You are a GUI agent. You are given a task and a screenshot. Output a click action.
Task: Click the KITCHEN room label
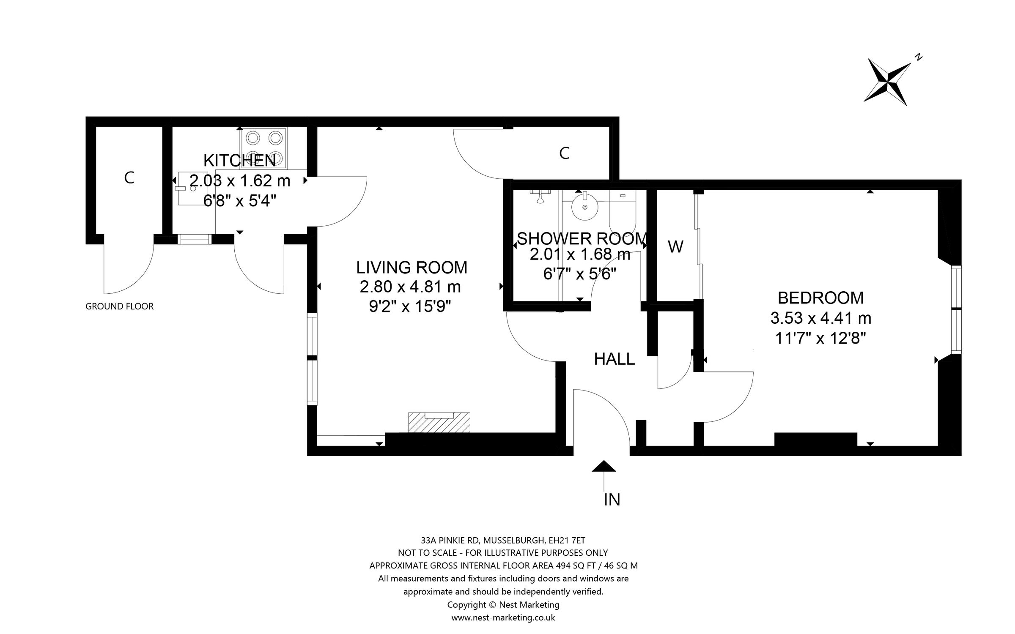(239, 161)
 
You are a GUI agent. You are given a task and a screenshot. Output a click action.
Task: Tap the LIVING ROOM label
(411, 268)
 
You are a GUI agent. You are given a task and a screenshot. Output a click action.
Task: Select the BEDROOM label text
(820, 298)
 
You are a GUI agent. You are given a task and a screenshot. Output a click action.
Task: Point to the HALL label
(614, 359)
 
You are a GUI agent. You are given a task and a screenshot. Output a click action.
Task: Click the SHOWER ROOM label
(582, 239)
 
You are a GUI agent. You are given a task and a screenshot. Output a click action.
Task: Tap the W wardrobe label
(675, 247)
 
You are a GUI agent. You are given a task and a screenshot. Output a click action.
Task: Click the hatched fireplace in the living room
(439, 423)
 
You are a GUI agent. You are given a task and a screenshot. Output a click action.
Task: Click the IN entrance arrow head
(604, 466)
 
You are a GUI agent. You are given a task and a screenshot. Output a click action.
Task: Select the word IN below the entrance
(612, 500)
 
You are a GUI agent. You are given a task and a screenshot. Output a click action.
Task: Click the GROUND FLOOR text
(119, 306)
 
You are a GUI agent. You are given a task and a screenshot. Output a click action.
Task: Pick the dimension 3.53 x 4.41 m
(820, 318)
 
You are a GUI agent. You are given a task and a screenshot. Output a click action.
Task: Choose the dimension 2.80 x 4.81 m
(410, 287)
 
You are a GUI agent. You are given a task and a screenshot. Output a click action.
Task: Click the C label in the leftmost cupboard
(129, 178)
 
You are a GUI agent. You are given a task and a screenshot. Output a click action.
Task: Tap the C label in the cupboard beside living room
(564, 153)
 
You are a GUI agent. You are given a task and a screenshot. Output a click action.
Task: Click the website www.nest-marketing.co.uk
(503, 618)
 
